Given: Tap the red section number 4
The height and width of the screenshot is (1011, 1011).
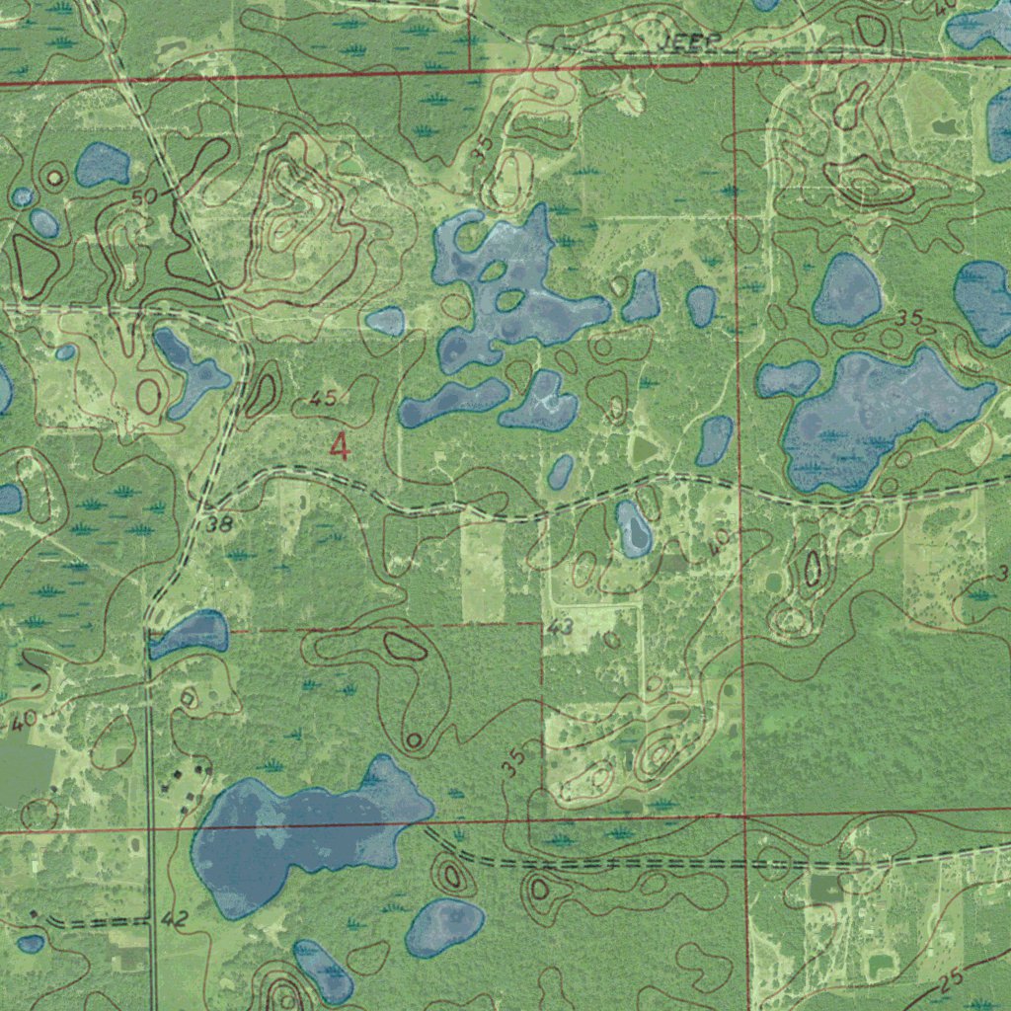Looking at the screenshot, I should click(340, 448).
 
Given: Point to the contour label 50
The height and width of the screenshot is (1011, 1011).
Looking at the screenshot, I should click(144, 197).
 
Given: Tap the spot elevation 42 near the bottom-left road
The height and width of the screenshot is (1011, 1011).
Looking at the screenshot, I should click(173, 920).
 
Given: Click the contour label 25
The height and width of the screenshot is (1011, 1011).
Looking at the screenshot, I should click(950, 980).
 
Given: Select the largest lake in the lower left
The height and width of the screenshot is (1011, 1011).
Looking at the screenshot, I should click(296, 834).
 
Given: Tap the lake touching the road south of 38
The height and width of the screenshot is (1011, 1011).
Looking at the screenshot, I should click(189, 633).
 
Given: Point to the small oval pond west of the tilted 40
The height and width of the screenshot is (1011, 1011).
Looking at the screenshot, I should click(634, 528).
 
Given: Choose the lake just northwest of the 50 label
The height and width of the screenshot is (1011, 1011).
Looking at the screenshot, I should click(103, 165).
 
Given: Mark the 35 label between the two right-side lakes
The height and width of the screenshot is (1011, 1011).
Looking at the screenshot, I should click(910, 319).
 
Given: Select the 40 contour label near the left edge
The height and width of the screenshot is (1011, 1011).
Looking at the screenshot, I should click(24, 720).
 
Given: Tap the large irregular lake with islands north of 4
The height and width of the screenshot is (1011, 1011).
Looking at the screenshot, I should click(508, 286).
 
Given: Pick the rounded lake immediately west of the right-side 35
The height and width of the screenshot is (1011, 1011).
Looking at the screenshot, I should click(847, 291).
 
